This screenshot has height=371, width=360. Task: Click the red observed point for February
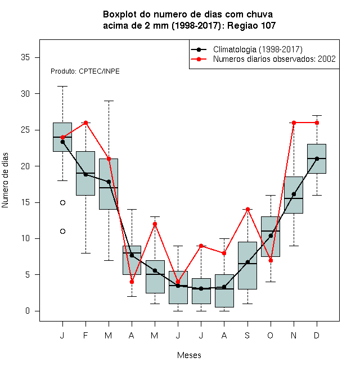point(85,123)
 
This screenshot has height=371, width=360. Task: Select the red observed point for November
point(294,123)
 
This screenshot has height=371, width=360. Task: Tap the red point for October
point(271,260)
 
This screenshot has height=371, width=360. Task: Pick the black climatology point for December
point(317,159)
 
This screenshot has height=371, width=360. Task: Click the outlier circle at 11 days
point(62,232)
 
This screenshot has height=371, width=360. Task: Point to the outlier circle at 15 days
point(62,202)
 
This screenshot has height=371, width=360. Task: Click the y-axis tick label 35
point(25,57)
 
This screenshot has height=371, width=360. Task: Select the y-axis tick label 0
point(28,311)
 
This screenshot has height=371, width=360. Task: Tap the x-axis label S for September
point(247,335)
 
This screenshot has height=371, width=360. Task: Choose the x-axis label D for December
point(317,335)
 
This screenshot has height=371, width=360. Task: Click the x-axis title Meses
point(189,355)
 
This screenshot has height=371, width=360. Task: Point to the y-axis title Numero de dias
point(5,180)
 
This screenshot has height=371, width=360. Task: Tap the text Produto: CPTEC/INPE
point(85,71)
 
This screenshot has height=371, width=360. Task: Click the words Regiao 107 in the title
point(251,25)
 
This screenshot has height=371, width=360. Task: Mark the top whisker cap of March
point(109,101)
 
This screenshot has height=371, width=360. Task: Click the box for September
point(247,265)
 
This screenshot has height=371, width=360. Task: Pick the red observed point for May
point(155,224)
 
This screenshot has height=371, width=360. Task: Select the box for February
point(85,174)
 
